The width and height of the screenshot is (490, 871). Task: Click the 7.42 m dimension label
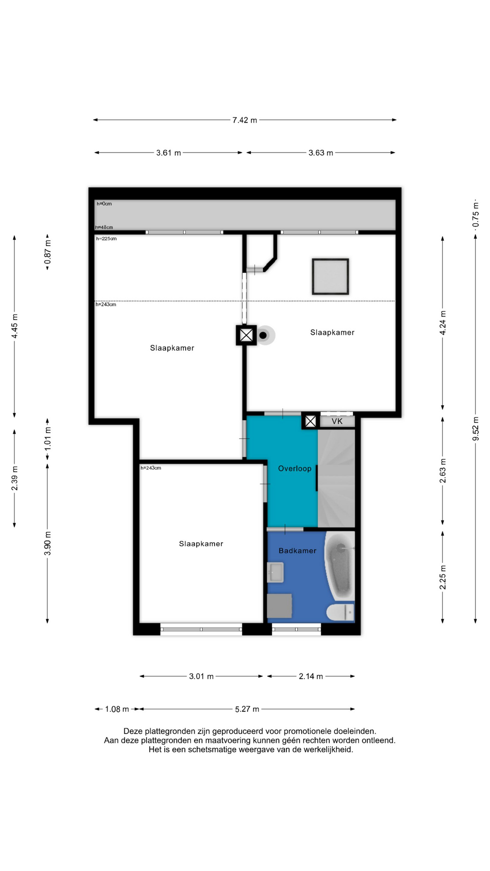click(x=245, y=120)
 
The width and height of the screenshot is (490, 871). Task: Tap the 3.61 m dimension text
click(x=168, y=153)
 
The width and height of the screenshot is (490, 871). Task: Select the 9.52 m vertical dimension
click(x=475, y=429)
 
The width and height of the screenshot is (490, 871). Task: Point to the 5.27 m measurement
click(x=247, y=709)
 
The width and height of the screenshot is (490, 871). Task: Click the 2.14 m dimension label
click(x=311, y=676)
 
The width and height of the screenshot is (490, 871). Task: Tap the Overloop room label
click(x=295, y=469)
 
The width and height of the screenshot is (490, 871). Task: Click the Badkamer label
click(x=298, y=551)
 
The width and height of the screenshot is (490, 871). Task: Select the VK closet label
click(x=337, y=421)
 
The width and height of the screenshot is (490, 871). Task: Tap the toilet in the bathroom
click(x=340, y=612)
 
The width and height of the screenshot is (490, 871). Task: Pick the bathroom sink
click(x=275, y=573)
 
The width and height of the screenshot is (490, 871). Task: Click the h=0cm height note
click(x=104, y=204)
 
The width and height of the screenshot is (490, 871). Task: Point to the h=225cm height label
click(x=106, y=239)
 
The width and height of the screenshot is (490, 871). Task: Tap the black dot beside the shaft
click(x=263, y=336)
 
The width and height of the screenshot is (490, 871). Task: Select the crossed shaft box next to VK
click(x=310, y=421)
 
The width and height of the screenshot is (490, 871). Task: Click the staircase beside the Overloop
click(x=336, y=479)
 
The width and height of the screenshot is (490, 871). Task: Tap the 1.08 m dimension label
click(x=117, y=709)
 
